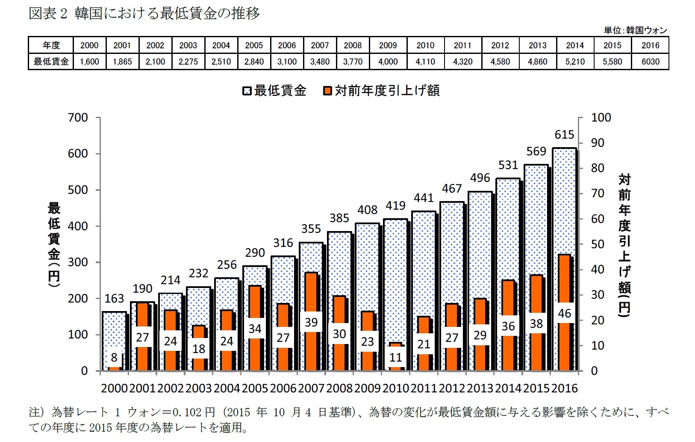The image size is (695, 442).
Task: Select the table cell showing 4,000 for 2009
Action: point(388,62)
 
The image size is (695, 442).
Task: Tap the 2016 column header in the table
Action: point(650,45)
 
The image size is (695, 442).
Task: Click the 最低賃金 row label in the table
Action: point(51,62)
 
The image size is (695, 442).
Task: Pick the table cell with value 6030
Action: point(650,62)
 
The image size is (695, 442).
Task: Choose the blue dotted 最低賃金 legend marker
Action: point(247,91)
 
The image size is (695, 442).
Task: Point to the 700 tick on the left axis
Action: point(78,118)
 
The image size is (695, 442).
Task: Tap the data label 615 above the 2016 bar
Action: point(564,135)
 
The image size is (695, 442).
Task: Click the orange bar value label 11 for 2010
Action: point(396,357)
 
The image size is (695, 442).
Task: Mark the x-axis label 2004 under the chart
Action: point(227,388)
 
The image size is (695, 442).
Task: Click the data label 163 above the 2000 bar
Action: point(114,298)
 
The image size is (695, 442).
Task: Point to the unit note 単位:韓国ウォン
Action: point(635,30)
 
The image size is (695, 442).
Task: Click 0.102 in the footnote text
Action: point(186,412)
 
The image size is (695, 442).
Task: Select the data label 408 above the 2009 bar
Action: point(368,210)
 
